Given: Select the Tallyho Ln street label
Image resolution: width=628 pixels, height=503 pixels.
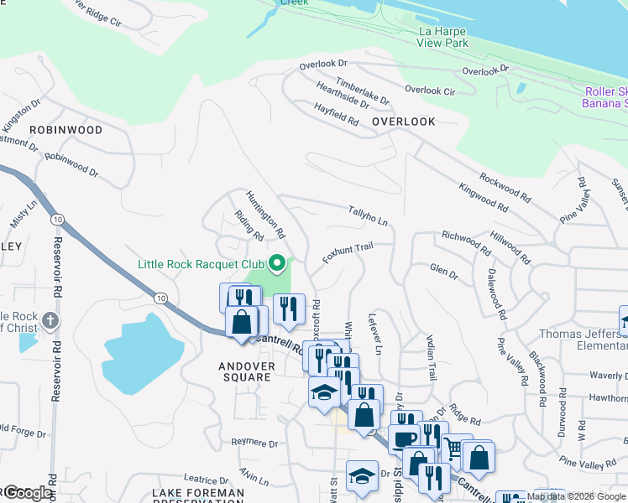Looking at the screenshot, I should point(368,216).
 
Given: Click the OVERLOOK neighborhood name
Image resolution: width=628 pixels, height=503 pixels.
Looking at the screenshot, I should point(404,122).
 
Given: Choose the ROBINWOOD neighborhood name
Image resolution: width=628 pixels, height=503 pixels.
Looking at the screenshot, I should point(65,130).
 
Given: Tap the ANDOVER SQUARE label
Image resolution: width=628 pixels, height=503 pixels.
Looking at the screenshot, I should point(244,371).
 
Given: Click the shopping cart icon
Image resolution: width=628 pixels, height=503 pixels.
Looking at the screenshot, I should point(453,449).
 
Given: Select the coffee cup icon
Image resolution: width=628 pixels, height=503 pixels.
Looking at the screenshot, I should point(405,439).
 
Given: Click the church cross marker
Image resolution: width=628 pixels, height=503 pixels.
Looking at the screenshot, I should point(50,320).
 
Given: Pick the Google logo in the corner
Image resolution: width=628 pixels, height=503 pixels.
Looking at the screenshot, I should point(27,493).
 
